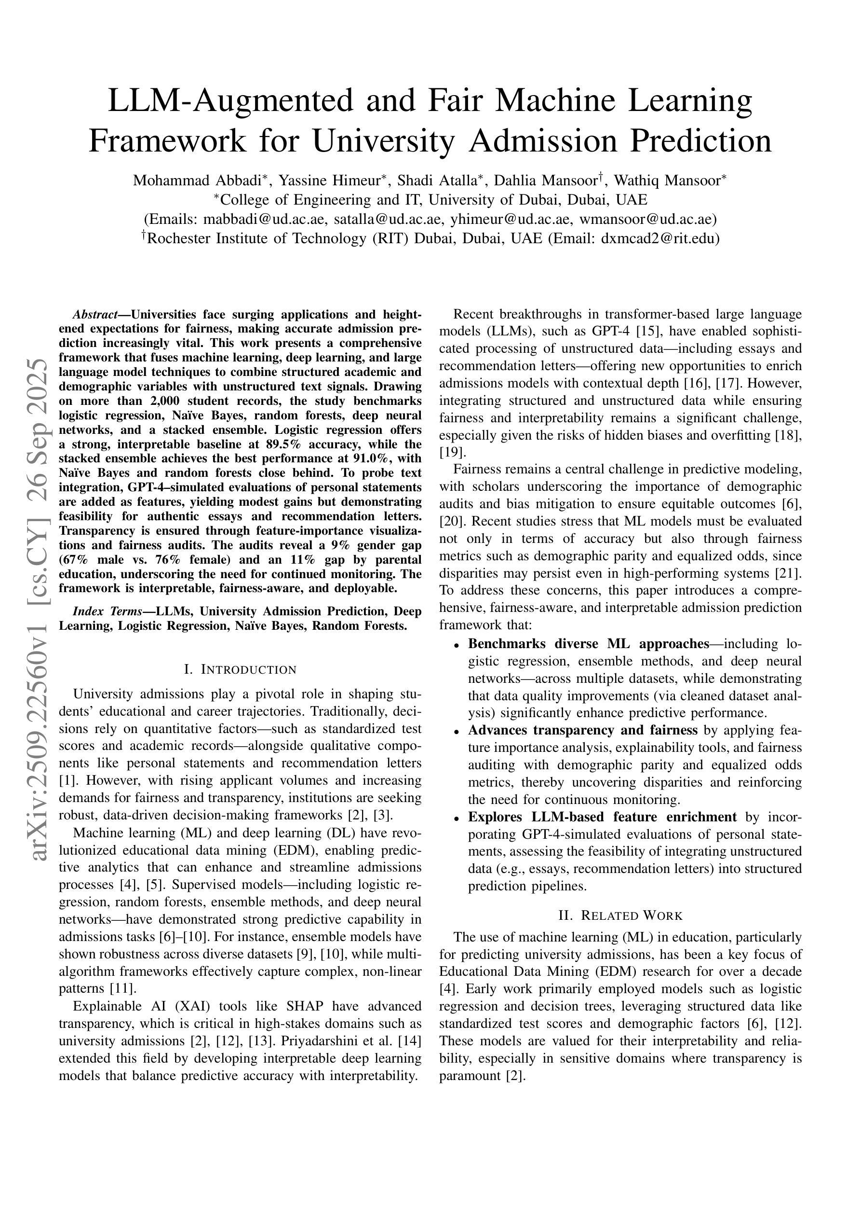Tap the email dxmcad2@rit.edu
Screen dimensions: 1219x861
click(x=660, y=238)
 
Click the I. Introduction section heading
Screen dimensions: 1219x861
click(x=240, y=669)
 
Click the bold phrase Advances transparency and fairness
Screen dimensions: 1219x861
click(x=582, y=731)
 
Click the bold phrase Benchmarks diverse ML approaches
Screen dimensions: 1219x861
click(x=588, y=644)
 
